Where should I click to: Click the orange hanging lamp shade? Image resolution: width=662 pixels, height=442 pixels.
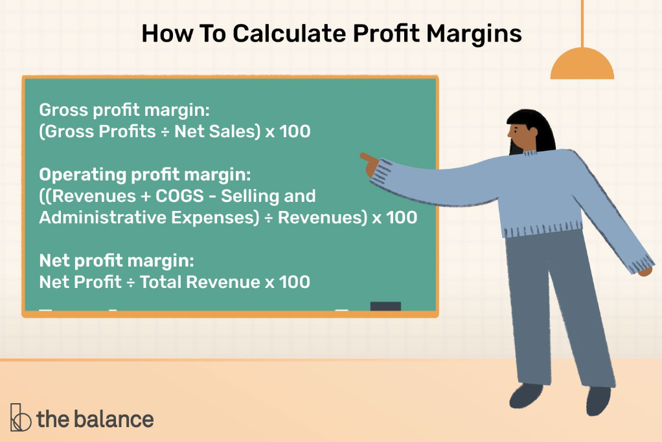pos(582,63)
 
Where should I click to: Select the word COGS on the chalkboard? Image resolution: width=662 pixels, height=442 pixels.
pos(179,196)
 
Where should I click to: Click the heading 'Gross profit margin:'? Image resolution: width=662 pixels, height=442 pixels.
pos(124,111)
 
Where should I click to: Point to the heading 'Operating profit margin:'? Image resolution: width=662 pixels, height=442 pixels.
pos(145,175)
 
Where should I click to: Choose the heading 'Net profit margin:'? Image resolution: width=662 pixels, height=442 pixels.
pos(117,261)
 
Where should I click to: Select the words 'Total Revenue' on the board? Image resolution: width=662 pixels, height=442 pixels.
pos(200,282)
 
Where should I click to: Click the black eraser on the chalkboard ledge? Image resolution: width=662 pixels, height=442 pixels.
pos(385,306)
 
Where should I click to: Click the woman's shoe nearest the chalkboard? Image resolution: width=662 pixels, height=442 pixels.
pos(526,395)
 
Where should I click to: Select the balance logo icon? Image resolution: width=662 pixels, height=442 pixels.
pos(20,417)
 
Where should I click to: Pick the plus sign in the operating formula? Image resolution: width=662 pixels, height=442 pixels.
pos(145,197)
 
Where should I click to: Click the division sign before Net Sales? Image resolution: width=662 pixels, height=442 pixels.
pos(165,132)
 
